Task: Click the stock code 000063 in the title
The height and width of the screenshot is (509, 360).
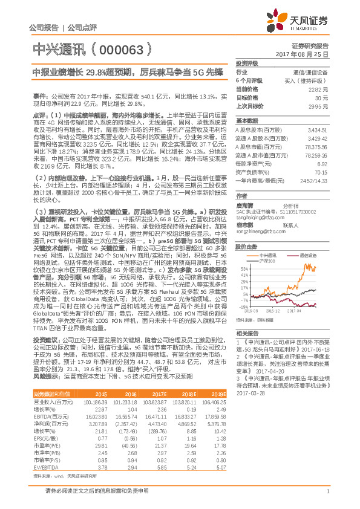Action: tap(120, 47)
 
